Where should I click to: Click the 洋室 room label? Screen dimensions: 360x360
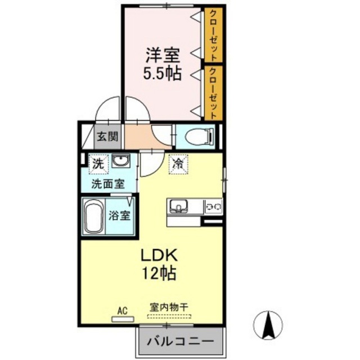[x=163, y=55]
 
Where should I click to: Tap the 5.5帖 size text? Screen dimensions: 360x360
[x=163, y=73]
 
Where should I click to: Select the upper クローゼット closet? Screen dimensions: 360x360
[x=214, y=35]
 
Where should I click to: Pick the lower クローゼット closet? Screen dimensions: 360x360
[x=214, y=93]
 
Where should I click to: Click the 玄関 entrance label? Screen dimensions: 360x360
[x=107, y=137]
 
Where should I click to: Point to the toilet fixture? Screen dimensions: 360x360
[x=200, y=137]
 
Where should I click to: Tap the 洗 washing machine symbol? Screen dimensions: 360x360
[x=98, y=164]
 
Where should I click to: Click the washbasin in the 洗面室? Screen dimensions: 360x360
[x=121, y=160]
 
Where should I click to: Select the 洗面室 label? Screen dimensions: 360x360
[x=108, y=184]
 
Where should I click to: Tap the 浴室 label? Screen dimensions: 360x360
[x=119, y=216]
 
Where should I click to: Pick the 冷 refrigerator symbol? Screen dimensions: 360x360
[x=178, y=164]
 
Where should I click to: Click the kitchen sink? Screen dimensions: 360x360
[x=178, y=206]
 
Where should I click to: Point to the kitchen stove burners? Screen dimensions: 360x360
[x=214, y=207]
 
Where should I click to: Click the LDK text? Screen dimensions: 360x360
[x=159, y=256]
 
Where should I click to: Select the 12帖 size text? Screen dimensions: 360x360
[x=159, y=273]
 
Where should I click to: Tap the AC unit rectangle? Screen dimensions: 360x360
[x=123, y=319]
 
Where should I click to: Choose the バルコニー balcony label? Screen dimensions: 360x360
[x=180, y=341]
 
